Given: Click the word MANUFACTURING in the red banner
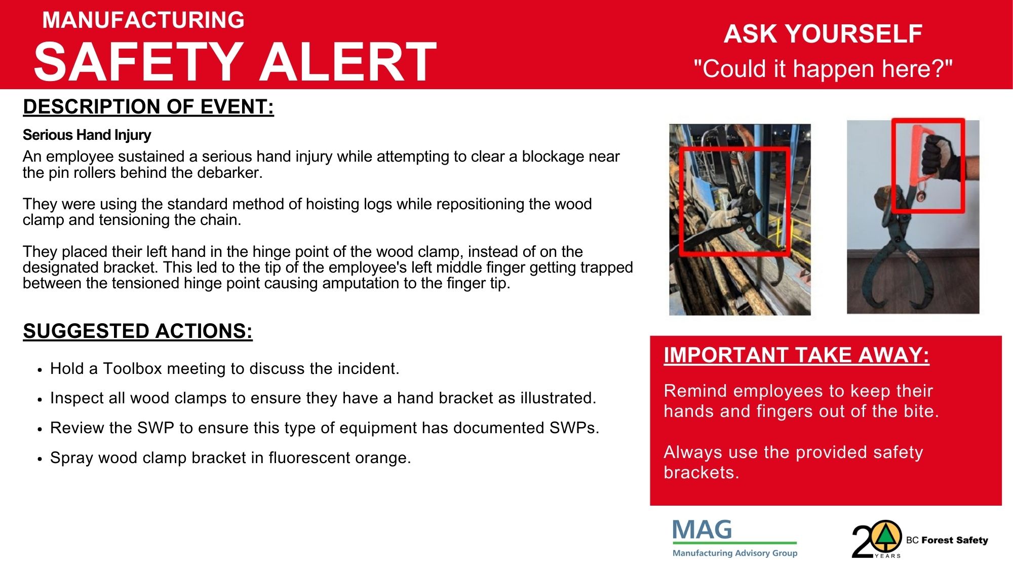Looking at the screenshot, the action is (x=143, y=20).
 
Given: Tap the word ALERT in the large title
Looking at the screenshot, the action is (x=348, y=62).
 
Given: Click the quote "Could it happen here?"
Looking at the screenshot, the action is (x=823, y=68).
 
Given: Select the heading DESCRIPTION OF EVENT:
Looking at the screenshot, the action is (x=148, y=107).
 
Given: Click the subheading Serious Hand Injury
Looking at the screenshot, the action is (x=87, y=135).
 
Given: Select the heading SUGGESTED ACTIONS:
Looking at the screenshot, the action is (x=138, y=331).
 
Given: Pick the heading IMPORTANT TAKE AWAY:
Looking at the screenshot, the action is (x=796, y=355).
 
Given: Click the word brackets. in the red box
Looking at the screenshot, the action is (x=702, y=472).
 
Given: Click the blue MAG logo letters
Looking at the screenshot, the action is (x=702, y=530).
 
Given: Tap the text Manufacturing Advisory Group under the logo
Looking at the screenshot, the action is (x=735, y=553).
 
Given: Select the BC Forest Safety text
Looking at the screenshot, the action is (x=947, y=540).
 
